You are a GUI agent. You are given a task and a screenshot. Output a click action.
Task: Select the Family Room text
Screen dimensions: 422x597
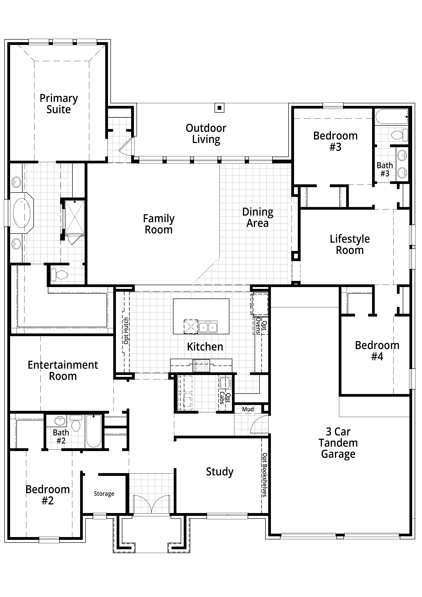click(159, 224)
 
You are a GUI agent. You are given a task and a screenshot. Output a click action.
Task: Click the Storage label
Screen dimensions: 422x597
click(104, 494)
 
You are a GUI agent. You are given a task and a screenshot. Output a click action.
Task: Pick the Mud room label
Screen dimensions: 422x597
click(248, 409)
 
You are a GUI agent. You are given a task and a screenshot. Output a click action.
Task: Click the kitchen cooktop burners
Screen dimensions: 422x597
click(201, 366)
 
